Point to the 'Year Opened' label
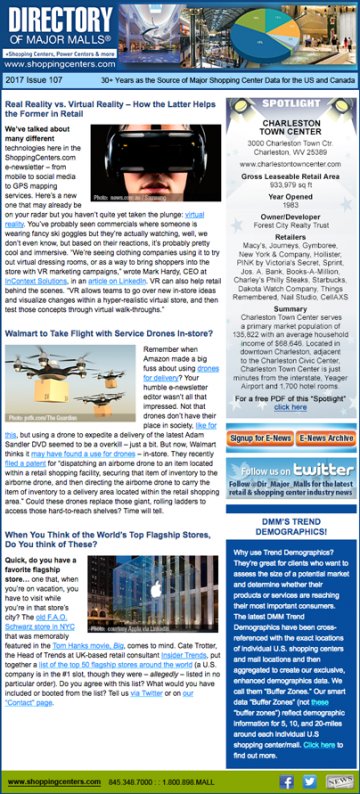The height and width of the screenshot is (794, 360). click(x=290, y=195)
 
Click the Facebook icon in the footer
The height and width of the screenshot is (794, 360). click(x=286, y=781)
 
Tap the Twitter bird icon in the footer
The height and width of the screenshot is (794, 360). click(x=310, y=781)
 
